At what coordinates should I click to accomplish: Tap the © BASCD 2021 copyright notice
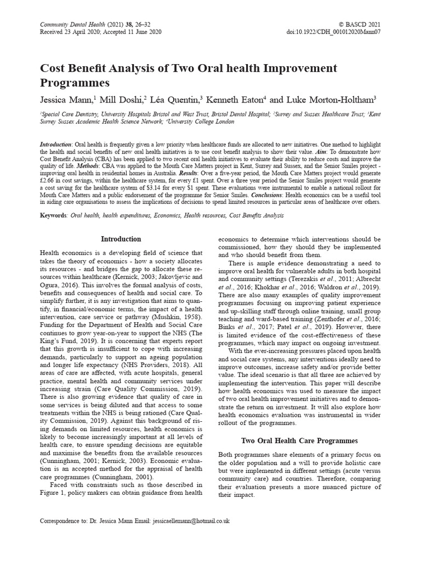pyautogui.click(x=360, y=25)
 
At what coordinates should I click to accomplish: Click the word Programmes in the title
pyautogui.click(x=75, y=83)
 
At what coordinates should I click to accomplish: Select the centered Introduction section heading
pyautogui.click(x=121, y=239)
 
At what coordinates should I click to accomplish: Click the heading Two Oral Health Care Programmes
pyautogui.click(x=299, y=440)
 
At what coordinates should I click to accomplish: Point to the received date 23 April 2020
pyautogui.click(x=88, y=33)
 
